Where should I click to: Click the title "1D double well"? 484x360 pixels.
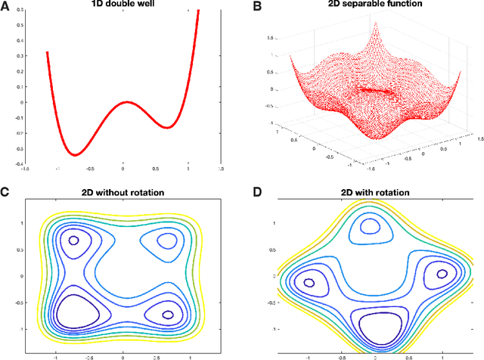pyautogui.click(x=123, y=5)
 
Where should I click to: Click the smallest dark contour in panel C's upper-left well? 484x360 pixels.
pyautogui.click(x=74, y=241)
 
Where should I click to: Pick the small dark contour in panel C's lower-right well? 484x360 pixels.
pyautogui.click(x=168, y=314)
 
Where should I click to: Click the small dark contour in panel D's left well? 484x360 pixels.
pyautogui.click(x=309, y=283)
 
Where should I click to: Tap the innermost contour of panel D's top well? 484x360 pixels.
pyautogui.click(x=371, y=225)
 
